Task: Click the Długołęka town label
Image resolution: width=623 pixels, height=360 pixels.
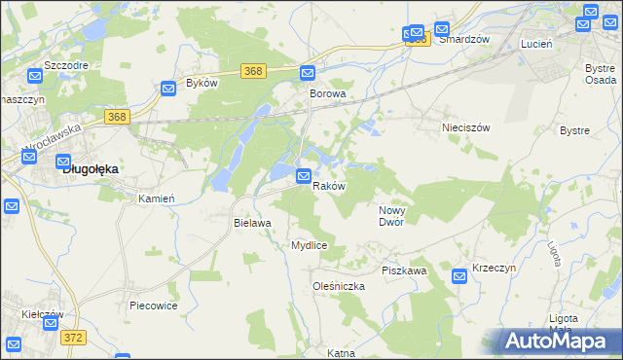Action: point(91,168)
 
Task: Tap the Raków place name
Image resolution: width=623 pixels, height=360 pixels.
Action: point(328,186)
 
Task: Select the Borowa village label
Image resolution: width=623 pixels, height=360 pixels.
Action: point(328,93)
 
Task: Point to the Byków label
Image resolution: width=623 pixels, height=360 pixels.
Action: point(201,84)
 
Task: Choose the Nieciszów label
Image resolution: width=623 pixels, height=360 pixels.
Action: point(465,127)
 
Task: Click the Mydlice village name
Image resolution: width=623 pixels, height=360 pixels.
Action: point(309,245)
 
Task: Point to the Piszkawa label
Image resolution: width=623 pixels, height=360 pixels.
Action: point(405,270)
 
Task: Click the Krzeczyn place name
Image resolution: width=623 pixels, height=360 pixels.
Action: point(494,267)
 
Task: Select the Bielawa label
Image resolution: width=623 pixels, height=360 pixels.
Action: point(251,223)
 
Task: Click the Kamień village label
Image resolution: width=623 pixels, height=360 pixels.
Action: point(156,198)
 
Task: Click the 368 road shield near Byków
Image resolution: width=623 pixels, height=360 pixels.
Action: point(253,71)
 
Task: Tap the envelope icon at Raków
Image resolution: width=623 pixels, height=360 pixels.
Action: point(304,176)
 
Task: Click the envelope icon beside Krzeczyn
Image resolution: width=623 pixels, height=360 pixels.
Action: point(459,277)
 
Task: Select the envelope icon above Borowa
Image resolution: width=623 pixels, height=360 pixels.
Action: point(308,73)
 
